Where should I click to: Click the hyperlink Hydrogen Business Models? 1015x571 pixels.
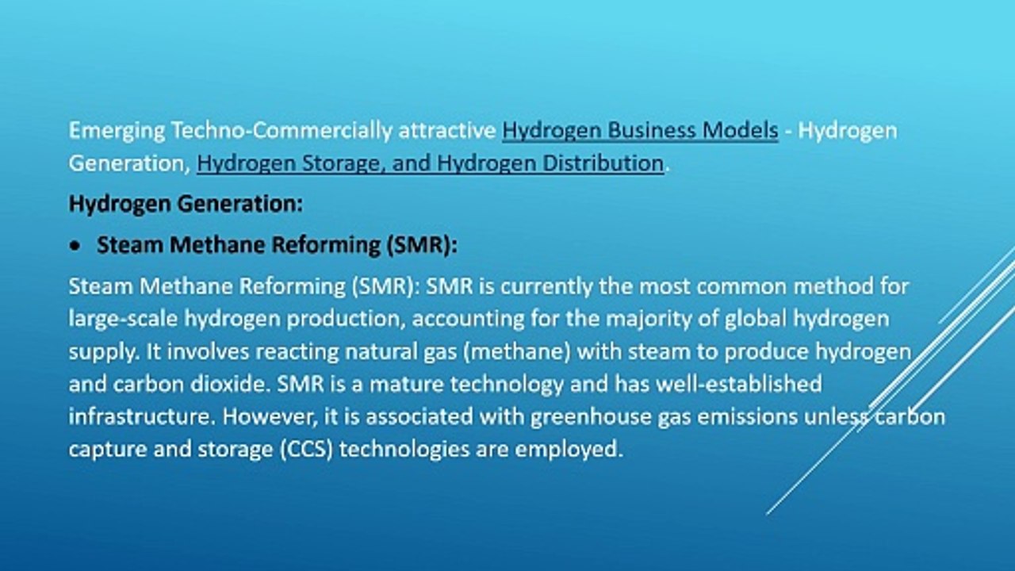pyautogui.click(x=640, y=131)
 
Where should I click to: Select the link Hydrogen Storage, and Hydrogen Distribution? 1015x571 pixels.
pyautogui.click(x=430, y=163)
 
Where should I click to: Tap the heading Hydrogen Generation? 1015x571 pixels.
pyautogui.click(x=186, y=204)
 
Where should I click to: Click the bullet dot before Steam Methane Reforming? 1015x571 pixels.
pyautogui.click(x=75, y=247)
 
